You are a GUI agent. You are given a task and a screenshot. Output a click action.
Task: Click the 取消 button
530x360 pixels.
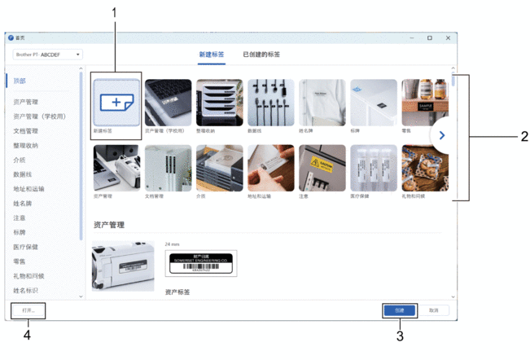433,310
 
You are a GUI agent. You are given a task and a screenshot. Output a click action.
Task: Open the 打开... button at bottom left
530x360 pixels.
28,310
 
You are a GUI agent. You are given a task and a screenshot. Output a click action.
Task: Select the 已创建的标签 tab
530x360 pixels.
261,55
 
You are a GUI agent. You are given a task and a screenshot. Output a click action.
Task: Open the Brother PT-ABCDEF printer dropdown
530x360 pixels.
48,55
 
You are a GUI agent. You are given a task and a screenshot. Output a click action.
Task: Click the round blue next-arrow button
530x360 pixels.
441,134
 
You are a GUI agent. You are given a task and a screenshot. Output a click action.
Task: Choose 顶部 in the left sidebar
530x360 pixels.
20,81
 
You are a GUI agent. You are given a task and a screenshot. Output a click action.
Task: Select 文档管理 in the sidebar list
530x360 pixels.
26,130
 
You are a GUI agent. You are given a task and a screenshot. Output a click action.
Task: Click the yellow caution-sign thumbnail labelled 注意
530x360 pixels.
322,168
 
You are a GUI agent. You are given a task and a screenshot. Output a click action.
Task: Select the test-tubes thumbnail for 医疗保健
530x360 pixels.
373,168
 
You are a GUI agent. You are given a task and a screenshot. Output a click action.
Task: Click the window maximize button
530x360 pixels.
430,37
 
